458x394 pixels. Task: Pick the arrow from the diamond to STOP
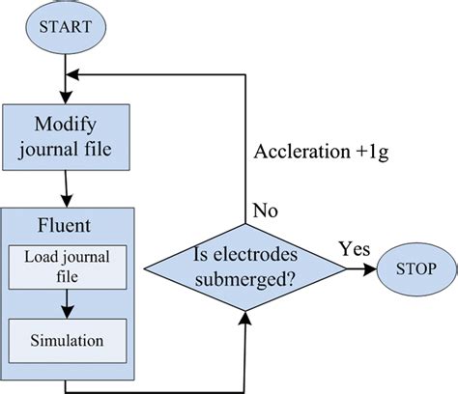point(348,267)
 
